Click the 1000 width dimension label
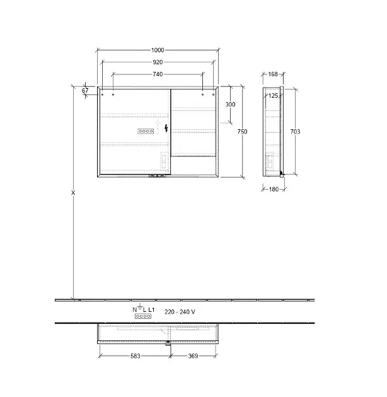point(158,50)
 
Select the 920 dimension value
point(158,62)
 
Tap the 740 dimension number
point(158,74)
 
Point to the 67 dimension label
point(85,90)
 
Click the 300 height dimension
point(230,105)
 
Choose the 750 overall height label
point(242,132)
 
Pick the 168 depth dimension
point(273,74)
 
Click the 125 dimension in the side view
point(273,96)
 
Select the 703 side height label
point(295,132)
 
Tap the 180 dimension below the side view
point(274,189)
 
